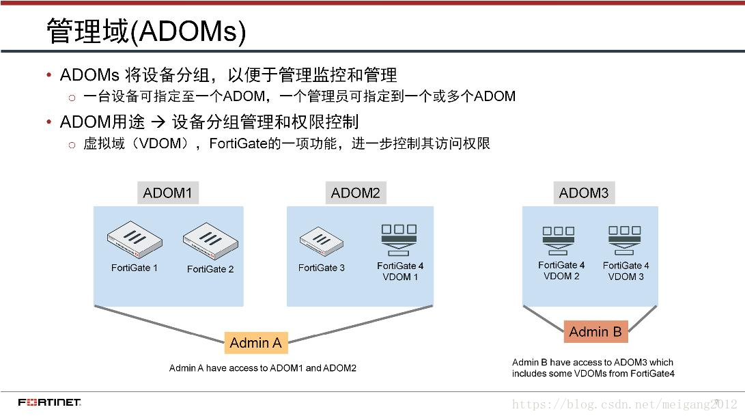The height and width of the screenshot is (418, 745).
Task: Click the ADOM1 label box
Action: coord(167,193)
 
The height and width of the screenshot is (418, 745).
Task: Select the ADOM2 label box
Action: coord(355,193)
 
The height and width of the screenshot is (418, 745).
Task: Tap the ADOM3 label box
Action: coord(583,193)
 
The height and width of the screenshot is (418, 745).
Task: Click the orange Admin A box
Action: coord(255,343)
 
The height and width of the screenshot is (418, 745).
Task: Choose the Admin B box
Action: coord(595,332)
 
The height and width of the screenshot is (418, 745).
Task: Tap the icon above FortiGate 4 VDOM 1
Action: coord(399,239)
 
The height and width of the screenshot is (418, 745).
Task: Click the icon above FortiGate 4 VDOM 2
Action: coord(559,240)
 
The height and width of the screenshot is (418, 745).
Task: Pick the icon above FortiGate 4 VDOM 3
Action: coord(624,240)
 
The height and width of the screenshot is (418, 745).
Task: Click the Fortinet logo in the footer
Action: coord(49,402)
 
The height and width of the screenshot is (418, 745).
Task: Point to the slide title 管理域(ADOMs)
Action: coord(145,31)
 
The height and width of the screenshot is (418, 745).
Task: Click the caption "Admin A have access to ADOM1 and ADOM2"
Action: coord(263,368)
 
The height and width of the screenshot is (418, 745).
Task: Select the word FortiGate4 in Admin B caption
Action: coord(651,374)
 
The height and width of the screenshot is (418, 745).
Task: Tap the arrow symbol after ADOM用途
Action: coord(158,123)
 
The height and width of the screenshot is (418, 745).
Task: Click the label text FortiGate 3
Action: coord(321,268)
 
